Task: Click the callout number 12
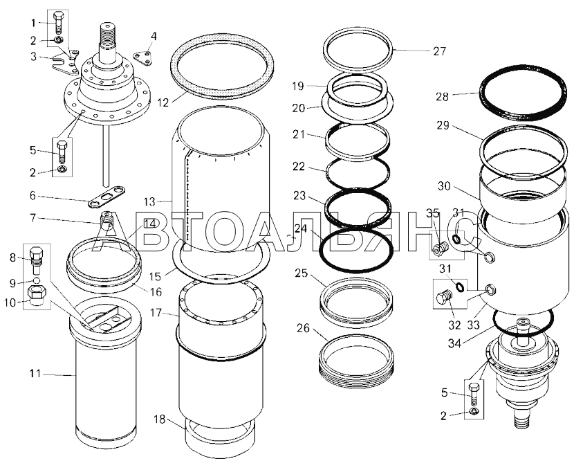point(163,102)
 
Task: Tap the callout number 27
point(440,51)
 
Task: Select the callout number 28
point(443,97)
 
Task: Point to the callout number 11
point(35,373)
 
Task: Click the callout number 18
point(160,419)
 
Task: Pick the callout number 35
point(433,214)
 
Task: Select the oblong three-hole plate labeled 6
point(107,196)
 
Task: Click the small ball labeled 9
point(37,280)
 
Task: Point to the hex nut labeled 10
point(37,296)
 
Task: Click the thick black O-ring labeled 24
point(356,250)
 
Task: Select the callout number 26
point(304,328)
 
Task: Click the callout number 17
point(156,313)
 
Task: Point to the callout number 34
point(454,343)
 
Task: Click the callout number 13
point(150,201)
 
